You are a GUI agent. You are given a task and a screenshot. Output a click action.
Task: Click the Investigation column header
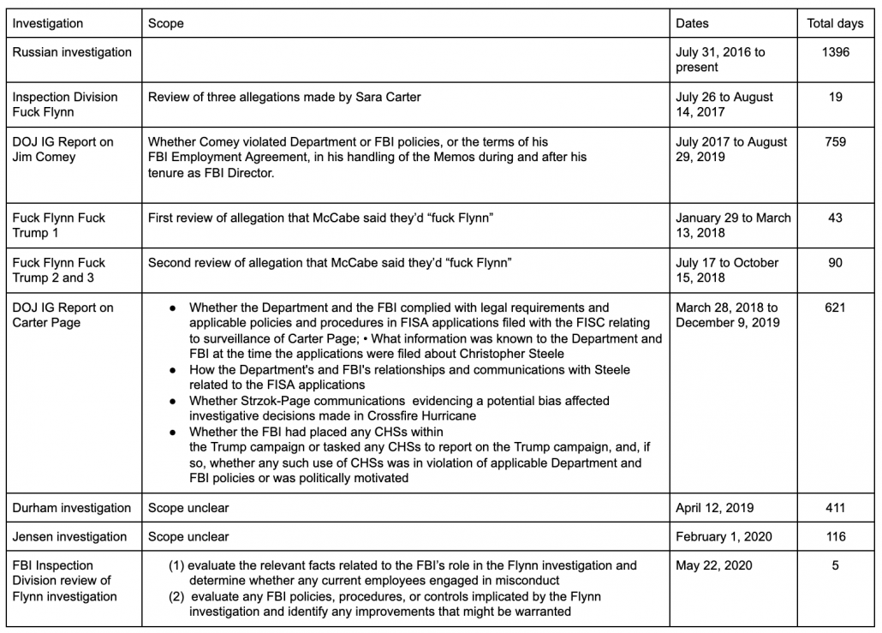(48, 23)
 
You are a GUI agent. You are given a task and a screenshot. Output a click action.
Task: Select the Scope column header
(166, 23)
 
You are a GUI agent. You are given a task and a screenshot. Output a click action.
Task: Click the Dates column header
(692, 23)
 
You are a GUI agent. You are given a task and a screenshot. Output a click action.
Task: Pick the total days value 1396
(835, 52)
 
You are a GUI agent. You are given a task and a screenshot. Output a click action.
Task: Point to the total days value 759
(835, 141)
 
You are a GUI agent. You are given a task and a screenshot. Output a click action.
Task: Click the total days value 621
(835, 308)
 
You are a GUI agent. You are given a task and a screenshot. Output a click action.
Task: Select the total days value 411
(835, 508)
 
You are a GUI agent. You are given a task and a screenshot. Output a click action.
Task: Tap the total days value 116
(835, 537)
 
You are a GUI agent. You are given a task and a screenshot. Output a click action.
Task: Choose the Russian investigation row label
(72, 52)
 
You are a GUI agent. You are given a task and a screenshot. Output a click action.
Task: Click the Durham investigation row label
(72, 508)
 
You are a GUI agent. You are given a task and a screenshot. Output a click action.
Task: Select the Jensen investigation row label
(69, 537)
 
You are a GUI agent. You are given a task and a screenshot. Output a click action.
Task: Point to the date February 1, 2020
(724, 537)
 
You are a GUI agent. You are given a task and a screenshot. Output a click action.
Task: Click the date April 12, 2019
(715, 508)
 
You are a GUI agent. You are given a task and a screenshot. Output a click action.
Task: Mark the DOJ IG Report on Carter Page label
(63, 314)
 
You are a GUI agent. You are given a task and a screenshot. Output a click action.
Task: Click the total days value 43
(835, 218)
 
